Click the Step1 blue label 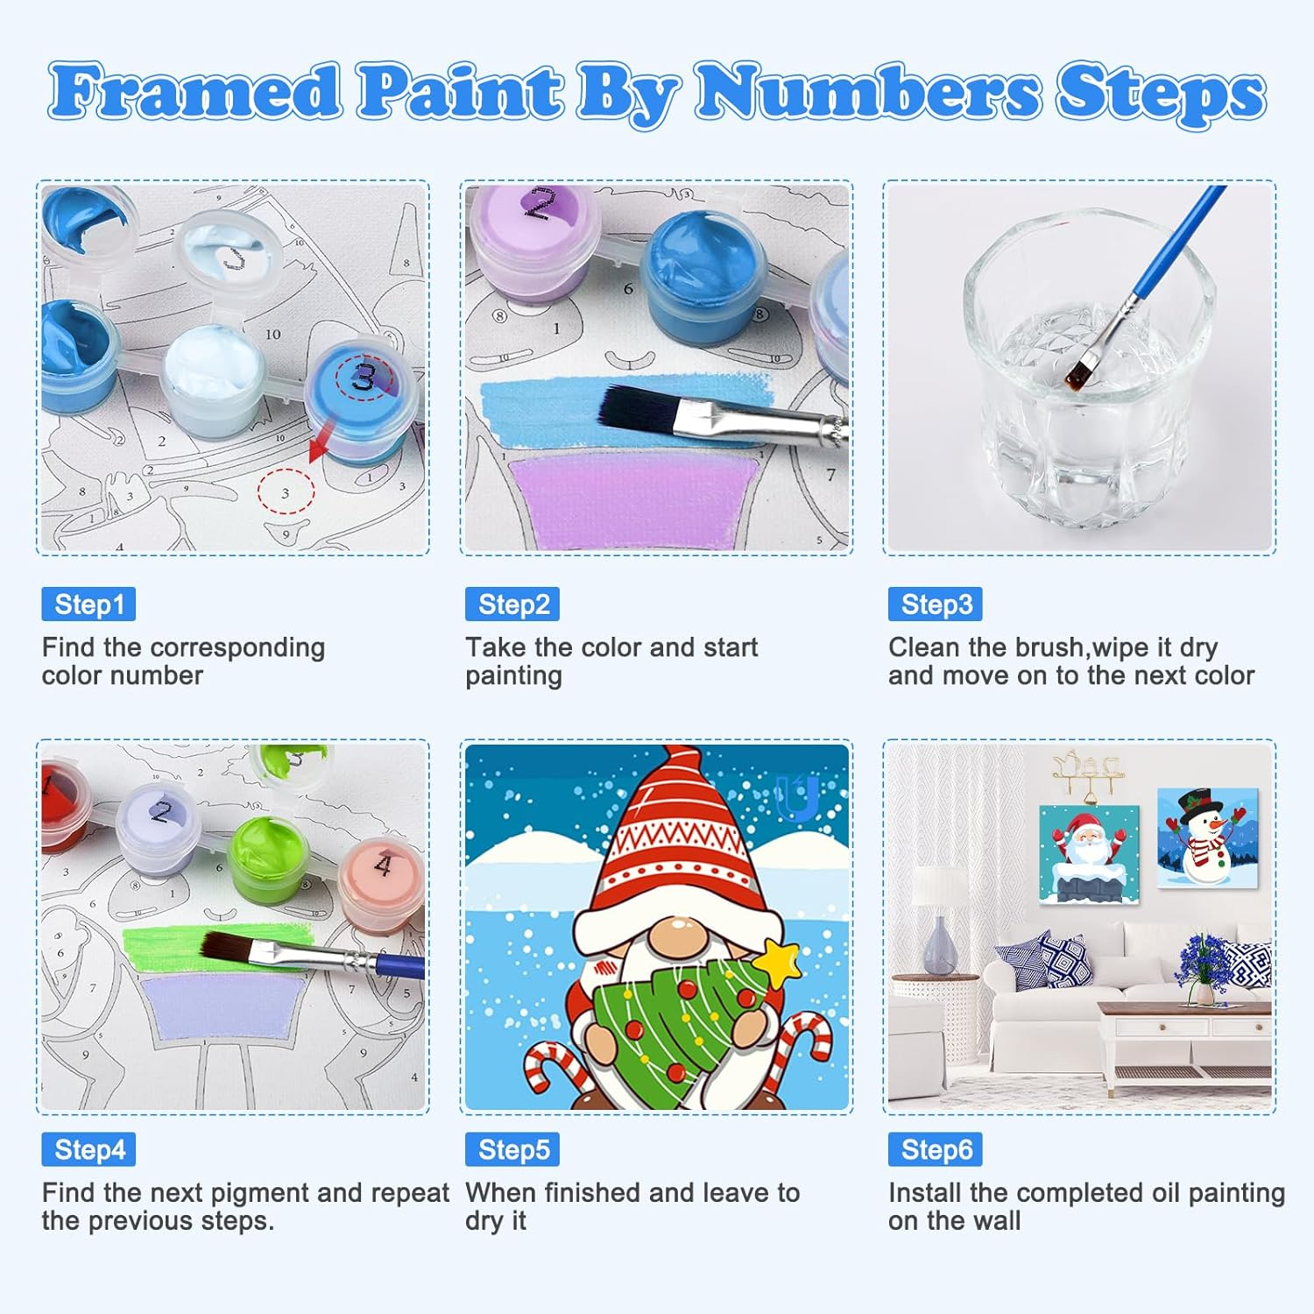tap(88, 604)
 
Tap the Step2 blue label tap(512, 604)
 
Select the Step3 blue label tap(936, 604)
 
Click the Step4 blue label tap(88, 1149)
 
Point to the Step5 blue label tap(512, 1149)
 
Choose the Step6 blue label tap(936, 1149)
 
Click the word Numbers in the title tap(867, 93)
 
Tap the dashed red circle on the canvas tap(286, 492)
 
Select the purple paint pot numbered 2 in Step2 tap(534, 228)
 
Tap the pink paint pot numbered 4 tap(382, 885)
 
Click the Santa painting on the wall tap(1088, 853)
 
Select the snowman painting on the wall tap(1207, 837)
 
